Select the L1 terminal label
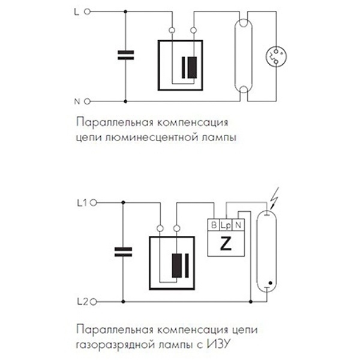[x=83, y=203]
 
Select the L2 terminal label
[x=83, y=301]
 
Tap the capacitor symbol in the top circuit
[x=125, y=56]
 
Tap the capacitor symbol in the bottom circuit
[x=122, y=252]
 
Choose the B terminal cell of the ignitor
[x=213, y=225]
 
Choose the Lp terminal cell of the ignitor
[x=225, y=225]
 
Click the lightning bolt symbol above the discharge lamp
[x=275, y=196]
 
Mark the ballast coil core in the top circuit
[x=191, y=67]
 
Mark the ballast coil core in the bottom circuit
[x=179, y=265]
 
